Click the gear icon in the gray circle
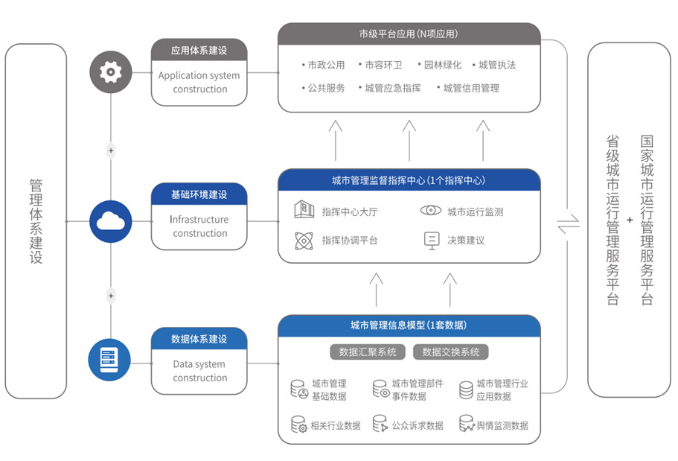point(111,72)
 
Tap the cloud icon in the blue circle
point(111,221)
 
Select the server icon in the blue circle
point(111,360)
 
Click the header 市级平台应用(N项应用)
point(409,34)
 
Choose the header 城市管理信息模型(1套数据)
point(409,325)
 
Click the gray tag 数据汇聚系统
point(368,352)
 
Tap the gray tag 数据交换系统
point(451,352)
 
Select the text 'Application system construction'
point(199,83)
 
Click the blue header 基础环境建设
point(199,194)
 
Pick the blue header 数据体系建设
point(199,339)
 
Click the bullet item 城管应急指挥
point(392,88)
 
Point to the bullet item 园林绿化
point(442,65)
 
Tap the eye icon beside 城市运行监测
point(430,211)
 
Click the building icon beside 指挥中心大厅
point(304,210)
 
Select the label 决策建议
point(465,241)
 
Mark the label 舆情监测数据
point(502,426)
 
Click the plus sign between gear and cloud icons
point(111,151)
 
